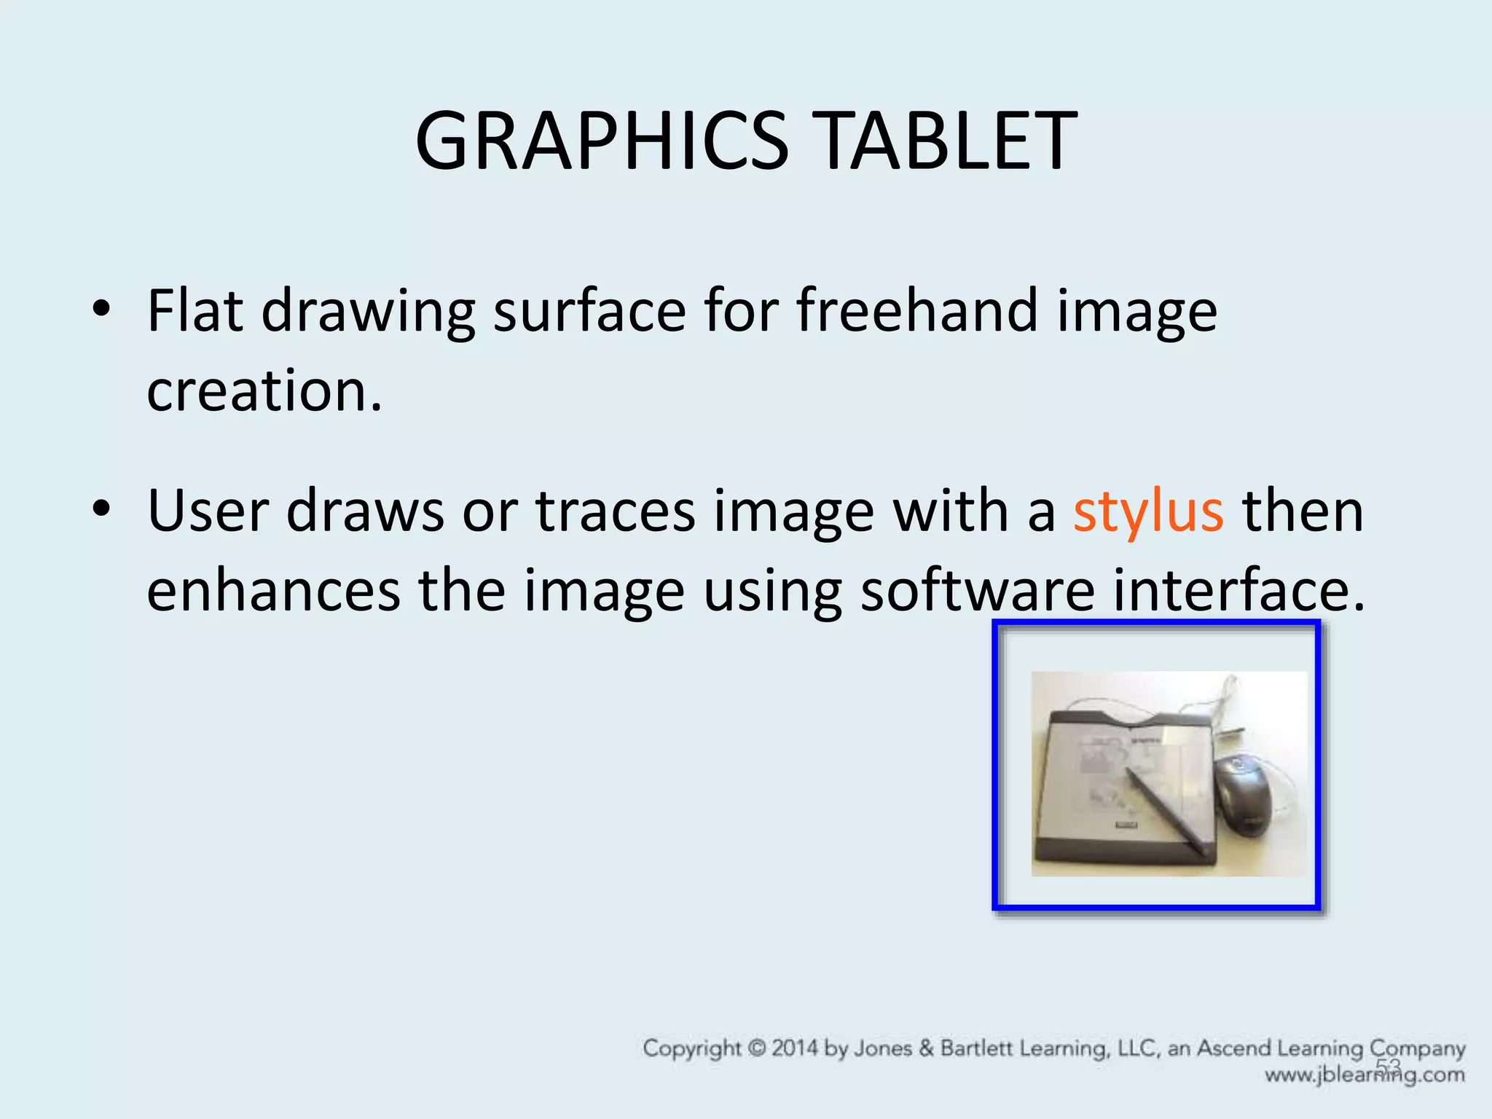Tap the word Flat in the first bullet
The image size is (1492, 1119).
coord(195,311)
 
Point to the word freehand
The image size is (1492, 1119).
coord(916,311)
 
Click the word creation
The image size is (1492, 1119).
coord(264,391)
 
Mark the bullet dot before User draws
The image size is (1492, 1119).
coord(101,509)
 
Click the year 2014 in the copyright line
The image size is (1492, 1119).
coord(795,1049)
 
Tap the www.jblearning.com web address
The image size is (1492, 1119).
coord(1365,1075)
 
